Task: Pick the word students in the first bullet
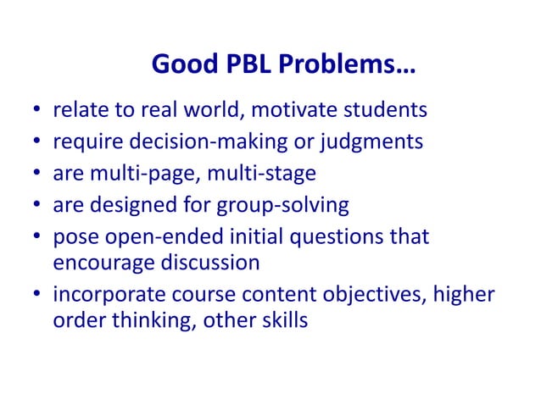click(389, 109)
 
